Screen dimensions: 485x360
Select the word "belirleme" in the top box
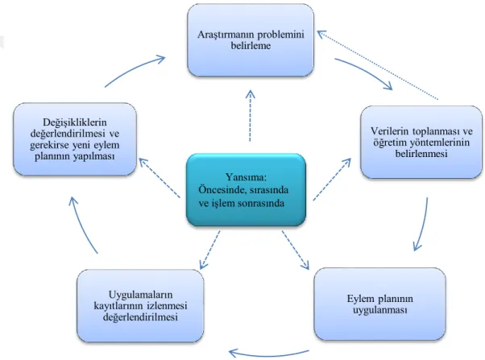tap(251, 46)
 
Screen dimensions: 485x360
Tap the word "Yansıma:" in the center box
tap(247, 177)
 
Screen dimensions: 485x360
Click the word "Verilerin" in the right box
tap(390, 131)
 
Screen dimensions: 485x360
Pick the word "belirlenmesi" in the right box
tap(421, 154)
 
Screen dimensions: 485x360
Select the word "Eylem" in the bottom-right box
tap(360, 299)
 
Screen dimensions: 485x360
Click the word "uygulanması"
tap(380, 310)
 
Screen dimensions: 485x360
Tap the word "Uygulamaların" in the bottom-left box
tap(141, 295)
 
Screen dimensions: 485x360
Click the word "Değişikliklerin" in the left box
tap(75, 122)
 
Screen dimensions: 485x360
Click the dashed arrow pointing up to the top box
tap(251, 116)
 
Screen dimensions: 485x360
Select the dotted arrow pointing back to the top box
tap(378, 65)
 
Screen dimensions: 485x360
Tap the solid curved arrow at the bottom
tap(269, 354)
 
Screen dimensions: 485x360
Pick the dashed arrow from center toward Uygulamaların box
tap(209, 250)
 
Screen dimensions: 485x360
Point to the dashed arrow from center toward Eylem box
tap(296, 250)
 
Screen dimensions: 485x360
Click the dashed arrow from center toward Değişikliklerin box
tap(160, 178)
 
